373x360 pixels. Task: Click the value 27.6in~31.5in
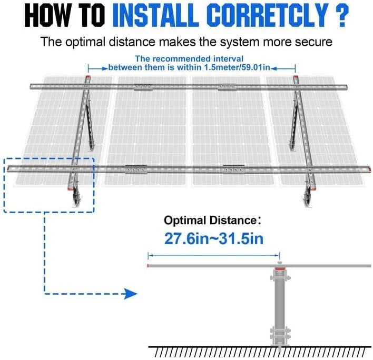click(x=213, y=238)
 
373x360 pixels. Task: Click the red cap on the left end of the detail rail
click(x=149, y=266)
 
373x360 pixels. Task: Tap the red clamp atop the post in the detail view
click(x=279, y=273)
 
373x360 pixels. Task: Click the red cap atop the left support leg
click(x=87, y=79)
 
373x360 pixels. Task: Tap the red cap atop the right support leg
click(x=296, y=79)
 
